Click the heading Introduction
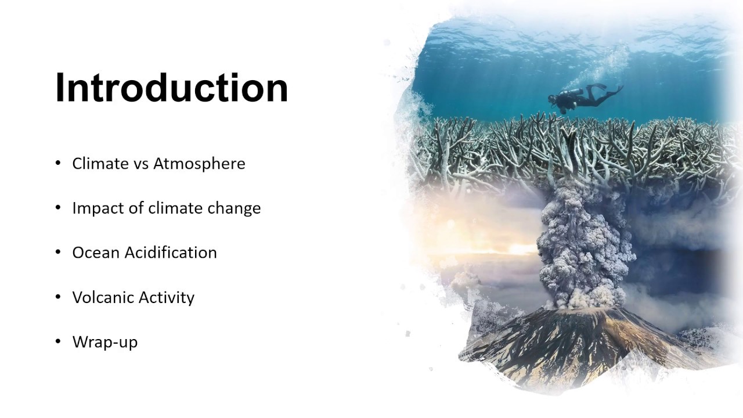172,88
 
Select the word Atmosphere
199,164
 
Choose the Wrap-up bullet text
105,342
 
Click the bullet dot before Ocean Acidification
58,252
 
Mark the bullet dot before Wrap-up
58,341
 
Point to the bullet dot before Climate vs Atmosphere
58,163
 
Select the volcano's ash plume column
583,244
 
